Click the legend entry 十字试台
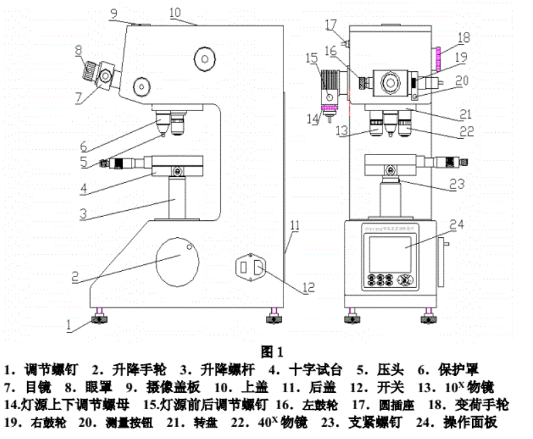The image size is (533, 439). [x=315, y=371]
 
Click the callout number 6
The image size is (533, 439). [x=82, y=146]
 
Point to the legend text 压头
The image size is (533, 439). [x=390, y=371]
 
